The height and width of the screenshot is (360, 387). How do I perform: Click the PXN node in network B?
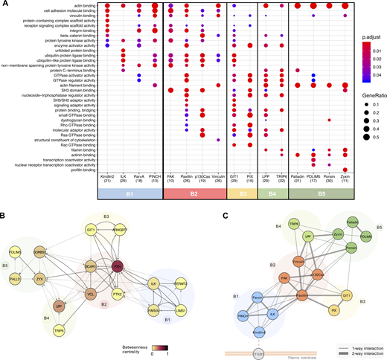[118, 245]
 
